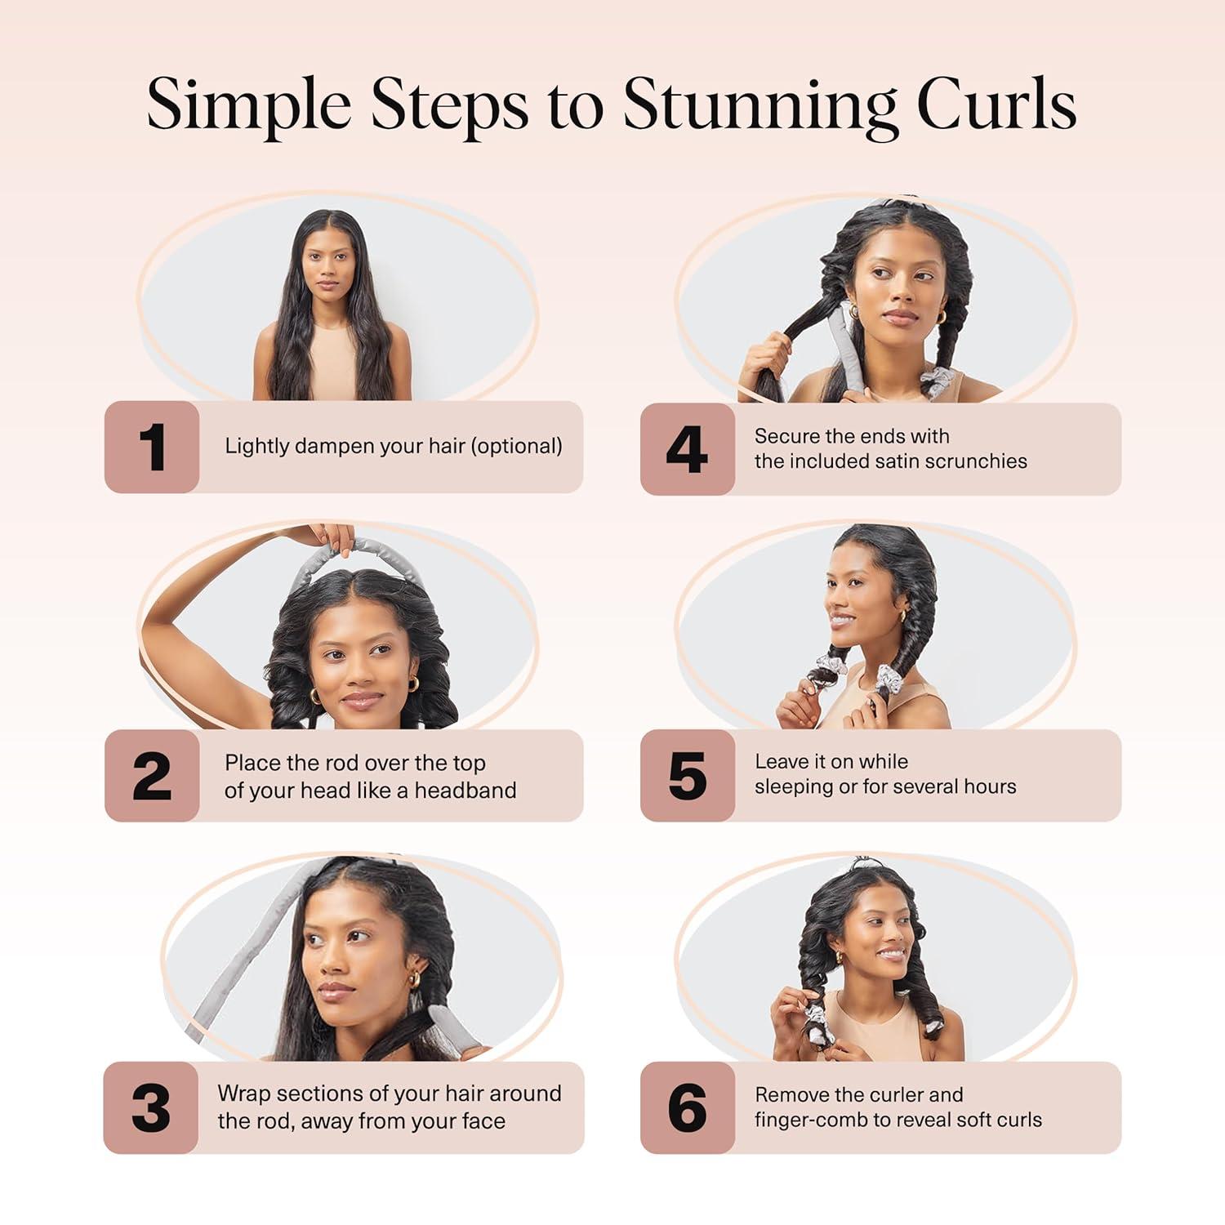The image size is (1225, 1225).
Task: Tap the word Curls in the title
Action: click(996, 105)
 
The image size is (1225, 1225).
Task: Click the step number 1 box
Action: click(152, 448)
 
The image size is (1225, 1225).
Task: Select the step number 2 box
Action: click(152, 776)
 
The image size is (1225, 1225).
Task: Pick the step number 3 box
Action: click(151, 1108)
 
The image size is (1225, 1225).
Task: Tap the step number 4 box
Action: click(687, 449)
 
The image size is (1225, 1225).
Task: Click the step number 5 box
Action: click(687, 776)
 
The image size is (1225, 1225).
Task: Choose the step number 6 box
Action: click(687, 1108)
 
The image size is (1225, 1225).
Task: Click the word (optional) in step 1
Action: click(518, 446)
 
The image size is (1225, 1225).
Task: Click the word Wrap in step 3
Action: click(243, 1094)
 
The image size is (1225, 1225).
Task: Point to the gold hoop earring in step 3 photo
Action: click(415, 978)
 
